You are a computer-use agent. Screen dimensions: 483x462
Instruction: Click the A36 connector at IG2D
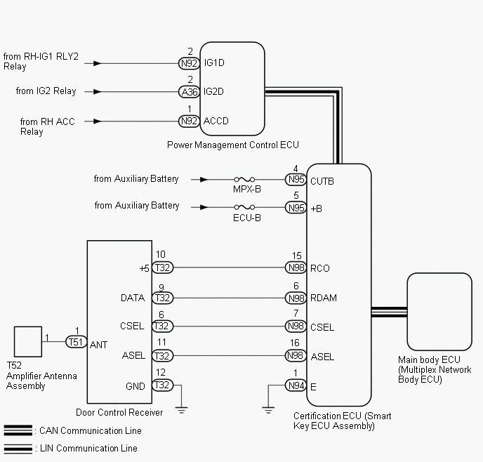click(x=189, y=92)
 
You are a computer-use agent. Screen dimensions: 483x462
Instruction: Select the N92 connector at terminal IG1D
click(x=189, y=63)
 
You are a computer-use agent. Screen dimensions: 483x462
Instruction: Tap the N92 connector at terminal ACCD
click(x=189, y=121)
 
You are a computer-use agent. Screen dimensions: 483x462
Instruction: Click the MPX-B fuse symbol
click(x=244, y=179)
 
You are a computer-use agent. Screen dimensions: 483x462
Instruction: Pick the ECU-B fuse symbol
click(x=244, y=207)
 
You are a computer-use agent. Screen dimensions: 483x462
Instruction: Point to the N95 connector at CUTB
click(x=296, y=179)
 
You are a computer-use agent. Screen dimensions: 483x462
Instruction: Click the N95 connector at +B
click(x=296, y=208)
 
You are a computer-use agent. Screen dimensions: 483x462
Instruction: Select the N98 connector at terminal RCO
click(x=296, y=268)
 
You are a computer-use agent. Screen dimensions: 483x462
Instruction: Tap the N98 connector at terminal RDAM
click(x=296, y=298)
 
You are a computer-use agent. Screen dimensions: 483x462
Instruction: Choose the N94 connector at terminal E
click(x=296, y=385)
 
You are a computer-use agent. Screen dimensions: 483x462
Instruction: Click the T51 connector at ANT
click(x=77, y=342)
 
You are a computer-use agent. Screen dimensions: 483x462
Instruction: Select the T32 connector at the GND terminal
click(x=163, y=385)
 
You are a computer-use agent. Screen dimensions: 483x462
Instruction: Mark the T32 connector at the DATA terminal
click(x=163, y=298)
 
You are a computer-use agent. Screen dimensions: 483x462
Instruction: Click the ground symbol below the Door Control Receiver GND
click(x=181, y=410)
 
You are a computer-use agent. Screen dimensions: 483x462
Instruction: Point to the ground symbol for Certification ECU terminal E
click(x=268, y=410)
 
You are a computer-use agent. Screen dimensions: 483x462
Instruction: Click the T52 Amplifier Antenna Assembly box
click(x=28, y=341)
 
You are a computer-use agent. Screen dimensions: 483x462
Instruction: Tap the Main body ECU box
click(x=439, y=311)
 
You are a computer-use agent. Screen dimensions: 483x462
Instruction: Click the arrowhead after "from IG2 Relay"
click(x=98, y=91)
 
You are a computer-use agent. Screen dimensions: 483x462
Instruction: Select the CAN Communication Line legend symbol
click(x=18, y=430)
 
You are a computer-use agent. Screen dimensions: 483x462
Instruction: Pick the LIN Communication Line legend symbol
click(x=18, y=449)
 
